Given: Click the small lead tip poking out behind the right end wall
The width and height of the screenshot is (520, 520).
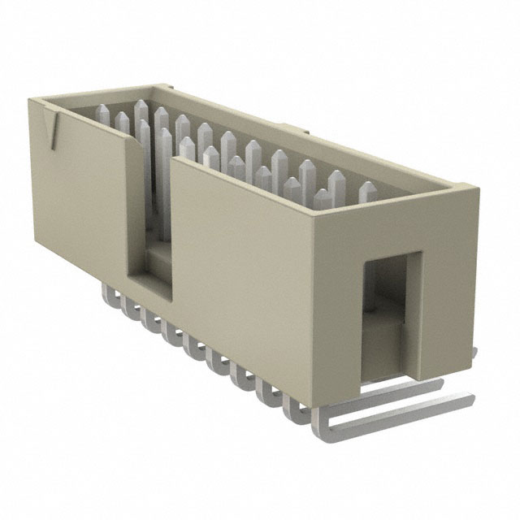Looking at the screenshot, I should pyautogui.click(x=474, y=351).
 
